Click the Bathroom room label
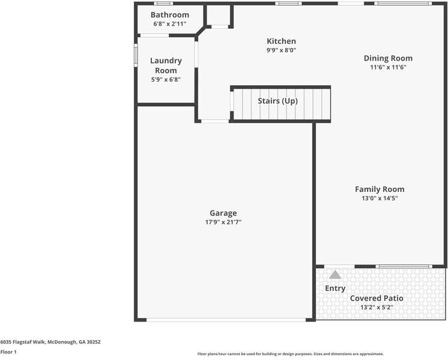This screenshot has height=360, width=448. (169, 15)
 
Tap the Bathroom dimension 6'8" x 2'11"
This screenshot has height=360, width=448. (169, 24)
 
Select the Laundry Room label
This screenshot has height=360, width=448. (166, 65)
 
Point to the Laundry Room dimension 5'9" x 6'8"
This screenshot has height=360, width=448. (166, 79)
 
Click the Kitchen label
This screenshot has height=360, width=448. (281, 41)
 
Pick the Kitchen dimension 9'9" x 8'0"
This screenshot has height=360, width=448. (281, 50)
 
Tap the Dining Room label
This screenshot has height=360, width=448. (388, 58)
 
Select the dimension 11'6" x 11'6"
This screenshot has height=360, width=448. (388, 67)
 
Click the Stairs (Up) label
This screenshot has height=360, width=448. (277, 101)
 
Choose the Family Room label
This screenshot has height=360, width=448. (380, 189)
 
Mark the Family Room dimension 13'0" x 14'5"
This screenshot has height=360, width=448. (380, 198)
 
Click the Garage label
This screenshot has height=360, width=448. (223, 213)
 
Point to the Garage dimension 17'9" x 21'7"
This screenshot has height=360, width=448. (223, 222)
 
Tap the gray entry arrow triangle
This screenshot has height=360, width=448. (335, 275)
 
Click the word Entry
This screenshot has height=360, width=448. (335, 289)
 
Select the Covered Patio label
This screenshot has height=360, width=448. (377, 298)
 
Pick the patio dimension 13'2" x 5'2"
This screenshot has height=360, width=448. (377, 307)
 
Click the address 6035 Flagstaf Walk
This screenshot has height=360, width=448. (50, 342)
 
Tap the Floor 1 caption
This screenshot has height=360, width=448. (8, 352)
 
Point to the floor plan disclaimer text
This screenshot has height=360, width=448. (290, 354)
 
